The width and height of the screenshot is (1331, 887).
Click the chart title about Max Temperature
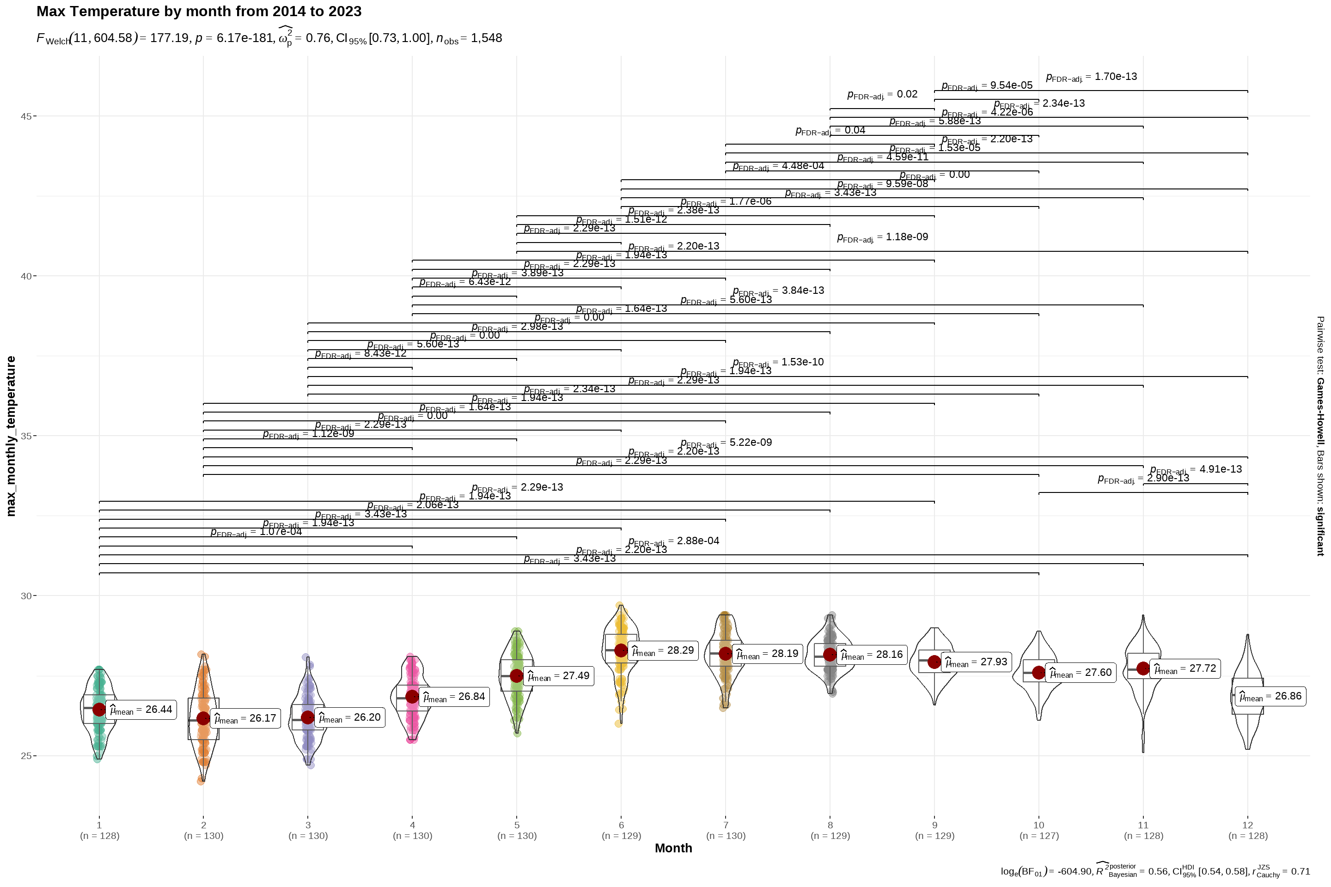pos(199,11)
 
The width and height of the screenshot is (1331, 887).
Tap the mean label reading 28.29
pos(662,650)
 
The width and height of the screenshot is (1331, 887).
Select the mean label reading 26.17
pos(245,718)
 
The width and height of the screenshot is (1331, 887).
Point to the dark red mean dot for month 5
pos(517,675)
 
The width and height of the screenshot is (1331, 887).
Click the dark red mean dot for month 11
pos(1143,668)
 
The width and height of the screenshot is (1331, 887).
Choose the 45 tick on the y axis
pos(26,116)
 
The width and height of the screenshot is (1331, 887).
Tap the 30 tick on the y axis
pos(26,595)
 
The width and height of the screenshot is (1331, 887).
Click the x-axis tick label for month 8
pos(830,826)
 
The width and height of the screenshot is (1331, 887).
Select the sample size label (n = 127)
pos(1039,836)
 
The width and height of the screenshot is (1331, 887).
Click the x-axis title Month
pos(673,848)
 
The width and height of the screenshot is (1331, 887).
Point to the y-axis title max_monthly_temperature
pos(11,436)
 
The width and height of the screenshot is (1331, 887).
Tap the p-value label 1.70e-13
pos(1091,77)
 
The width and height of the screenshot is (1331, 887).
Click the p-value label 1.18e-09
pos(882,237)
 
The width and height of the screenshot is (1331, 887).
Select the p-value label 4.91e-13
pos(1196,469)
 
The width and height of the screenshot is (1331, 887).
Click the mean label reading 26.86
pos(1270,696)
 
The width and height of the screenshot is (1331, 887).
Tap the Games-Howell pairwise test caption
pos(1320,436)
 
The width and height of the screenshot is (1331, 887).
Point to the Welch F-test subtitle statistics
pos(269,38)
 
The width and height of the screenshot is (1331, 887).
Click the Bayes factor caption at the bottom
pos(1155,871)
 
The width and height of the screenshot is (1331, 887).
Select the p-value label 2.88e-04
pos(673,541)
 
